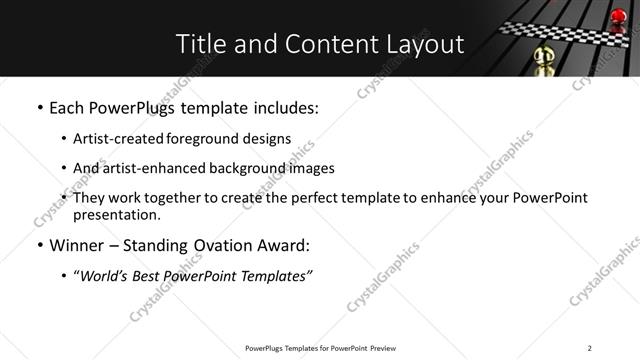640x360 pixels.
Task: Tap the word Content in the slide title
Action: pos(325,44)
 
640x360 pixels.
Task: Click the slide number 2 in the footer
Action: pos(589,348)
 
